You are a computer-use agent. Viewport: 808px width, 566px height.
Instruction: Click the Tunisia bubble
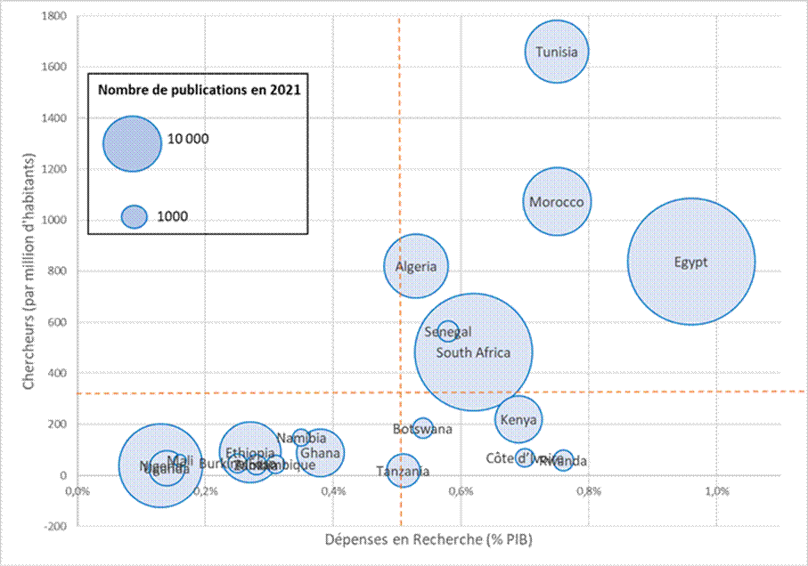(557, 52)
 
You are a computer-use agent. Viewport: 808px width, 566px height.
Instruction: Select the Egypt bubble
(691, 262)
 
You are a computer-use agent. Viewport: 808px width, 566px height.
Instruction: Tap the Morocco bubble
(557, 202)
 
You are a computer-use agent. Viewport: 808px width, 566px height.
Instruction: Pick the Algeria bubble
(416, 266)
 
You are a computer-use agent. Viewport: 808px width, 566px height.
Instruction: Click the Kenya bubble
(518, 419)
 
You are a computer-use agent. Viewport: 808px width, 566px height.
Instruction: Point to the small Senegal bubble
(448, 331)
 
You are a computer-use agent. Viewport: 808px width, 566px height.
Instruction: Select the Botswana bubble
(423, 428)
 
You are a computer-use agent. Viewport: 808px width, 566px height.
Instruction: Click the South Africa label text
(474, 352)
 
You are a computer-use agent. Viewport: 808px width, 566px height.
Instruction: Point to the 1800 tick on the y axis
(56, 16)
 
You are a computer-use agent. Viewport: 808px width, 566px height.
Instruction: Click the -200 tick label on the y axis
(56, 526)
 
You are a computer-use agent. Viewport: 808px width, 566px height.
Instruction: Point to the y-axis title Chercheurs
(28, 271)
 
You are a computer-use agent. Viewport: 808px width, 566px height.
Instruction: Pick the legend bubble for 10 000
(132, 142)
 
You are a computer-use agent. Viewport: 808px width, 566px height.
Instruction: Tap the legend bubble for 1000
(134, 216)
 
